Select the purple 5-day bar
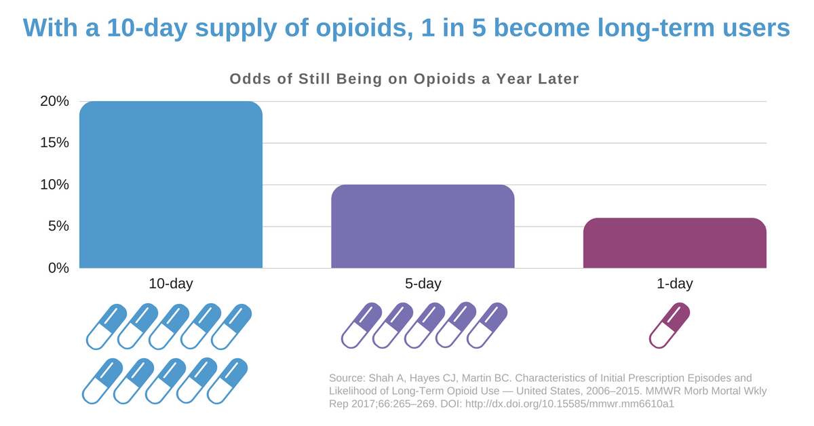[423, 227]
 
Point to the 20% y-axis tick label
[55, 102]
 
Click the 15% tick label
[55, 143]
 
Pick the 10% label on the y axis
[55, 185]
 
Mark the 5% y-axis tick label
[58, 226]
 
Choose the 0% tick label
[58, 268]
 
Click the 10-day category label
[171, 284]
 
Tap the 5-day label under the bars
[423, 284]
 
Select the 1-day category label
[674, 284]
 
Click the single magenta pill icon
[670, 326]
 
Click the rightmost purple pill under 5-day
[486, 326]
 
